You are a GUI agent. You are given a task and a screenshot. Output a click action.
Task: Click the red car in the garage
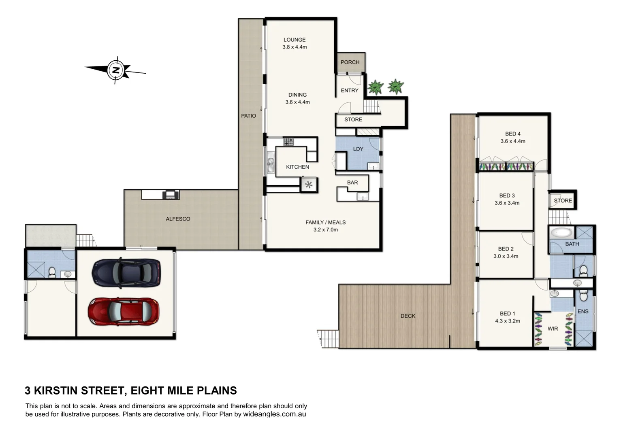(124, 311)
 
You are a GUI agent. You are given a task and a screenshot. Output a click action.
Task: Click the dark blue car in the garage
(126, 273)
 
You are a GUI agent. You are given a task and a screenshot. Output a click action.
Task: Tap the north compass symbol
(116, 70)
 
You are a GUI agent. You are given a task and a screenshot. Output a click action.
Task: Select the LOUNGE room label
(295, 40)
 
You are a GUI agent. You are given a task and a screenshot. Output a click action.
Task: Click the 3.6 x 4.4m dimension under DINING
(297, 102)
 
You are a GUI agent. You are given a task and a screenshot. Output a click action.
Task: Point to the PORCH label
(350, 62)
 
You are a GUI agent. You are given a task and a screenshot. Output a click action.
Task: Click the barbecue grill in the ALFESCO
(171, 195)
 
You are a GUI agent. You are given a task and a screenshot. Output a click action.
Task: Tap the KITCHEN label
(297, 167)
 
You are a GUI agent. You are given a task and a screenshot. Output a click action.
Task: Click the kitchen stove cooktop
(288, 142)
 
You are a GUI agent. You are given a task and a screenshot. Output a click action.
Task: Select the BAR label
(352, 183)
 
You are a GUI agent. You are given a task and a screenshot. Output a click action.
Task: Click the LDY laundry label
(358, 149)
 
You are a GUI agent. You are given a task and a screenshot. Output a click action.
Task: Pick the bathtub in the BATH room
(562, 233)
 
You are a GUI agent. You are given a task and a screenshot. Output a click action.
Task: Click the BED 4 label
(513, 134)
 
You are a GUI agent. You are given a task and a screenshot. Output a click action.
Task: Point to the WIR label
(553, 329)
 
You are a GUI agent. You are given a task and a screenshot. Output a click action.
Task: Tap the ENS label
(583, 311)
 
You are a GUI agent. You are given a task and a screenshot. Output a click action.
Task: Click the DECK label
(408, 316)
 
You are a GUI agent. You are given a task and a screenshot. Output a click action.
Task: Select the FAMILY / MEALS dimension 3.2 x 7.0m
(326, 230)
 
